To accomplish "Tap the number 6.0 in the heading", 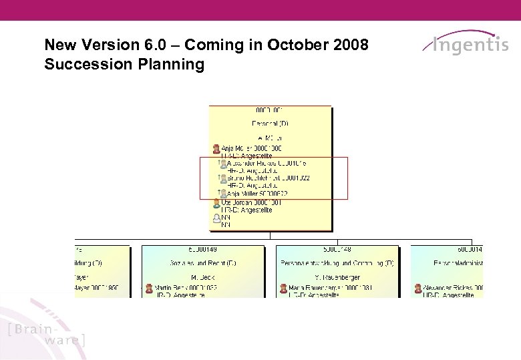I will tap(151, 45).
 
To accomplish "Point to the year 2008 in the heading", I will tap(348, 45).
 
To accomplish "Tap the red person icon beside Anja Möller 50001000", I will tap(216, 148).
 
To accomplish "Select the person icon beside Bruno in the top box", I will tap(222, 178).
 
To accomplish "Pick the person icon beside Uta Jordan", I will tap(216, 202).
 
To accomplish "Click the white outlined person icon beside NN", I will tap(216, 217).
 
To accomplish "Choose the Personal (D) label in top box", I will tap(270, 124).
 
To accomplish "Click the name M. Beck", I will tap(202, 277).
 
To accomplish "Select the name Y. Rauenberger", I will tap(337, 277).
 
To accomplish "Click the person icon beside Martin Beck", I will tap(148, 288).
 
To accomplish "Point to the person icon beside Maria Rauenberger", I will tap(283, 288).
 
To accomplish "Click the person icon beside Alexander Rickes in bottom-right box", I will tap(417, 288).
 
